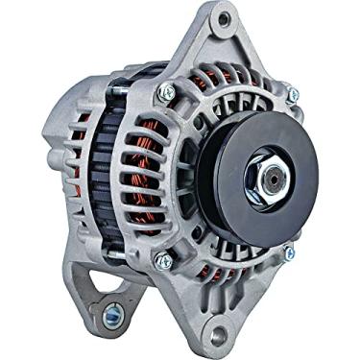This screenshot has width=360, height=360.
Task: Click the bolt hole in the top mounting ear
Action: pyautogui.click(x=224, y=18)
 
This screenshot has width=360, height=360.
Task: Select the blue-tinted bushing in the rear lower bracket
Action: pyautogui.click(x=114, y=311)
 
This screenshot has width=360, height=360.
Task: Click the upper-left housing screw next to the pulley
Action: pyautogui.click(x=166, y=92)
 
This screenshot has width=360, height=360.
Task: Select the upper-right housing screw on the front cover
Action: pyautogui.click(x=292, y=94)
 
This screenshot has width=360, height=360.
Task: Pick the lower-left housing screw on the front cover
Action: pyautogui.click(x=165, y=259)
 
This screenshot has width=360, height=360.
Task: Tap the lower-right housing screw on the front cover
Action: pyautogui.click(x=287, y=253)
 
